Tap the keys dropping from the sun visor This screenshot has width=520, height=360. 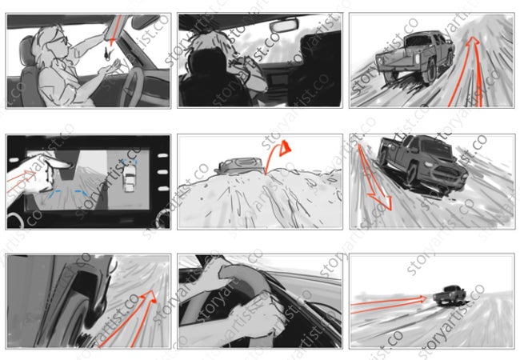(108, 53)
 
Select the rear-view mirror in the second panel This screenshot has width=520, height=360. (284, 25)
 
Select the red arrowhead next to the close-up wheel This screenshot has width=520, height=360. (150, 296)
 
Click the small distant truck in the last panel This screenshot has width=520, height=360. (450, 295)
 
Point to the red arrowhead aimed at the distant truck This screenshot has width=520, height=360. (422, 299)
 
